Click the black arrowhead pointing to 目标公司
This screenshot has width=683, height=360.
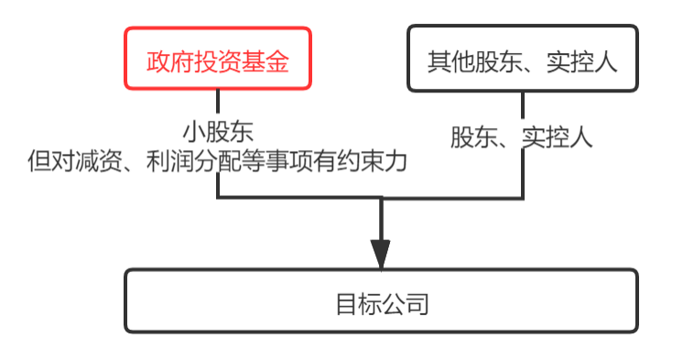(381, 255)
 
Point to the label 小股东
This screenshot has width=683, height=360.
(218, 132)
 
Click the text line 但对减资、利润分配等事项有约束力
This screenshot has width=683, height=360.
(217, 161)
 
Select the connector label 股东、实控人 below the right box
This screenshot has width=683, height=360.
(521, 137)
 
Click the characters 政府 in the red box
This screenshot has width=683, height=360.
(170, 61)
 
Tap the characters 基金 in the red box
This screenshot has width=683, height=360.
(266, 61)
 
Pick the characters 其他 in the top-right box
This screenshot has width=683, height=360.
(450, 61)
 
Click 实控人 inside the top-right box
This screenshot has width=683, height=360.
(582, 61)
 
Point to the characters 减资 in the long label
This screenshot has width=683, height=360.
(99, 161)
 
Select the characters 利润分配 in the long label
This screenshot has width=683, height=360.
(193, 161)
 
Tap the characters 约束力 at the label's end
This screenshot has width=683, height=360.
(372, 161)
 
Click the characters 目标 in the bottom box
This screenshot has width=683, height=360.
(360, 304)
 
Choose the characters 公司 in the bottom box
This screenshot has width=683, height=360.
(406, 304)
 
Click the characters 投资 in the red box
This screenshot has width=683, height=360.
(218, 61)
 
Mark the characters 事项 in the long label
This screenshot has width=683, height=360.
(288, 161)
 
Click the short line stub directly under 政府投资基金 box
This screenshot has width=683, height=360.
(218, 101)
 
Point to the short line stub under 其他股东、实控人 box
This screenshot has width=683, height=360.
(522, 104)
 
